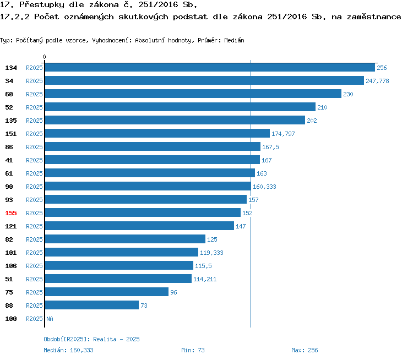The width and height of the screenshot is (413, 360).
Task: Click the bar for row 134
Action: pos(210,68)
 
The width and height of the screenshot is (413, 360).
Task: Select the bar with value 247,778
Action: pos(204,81)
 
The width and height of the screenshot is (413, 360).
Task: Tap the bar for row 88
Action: pos(91,306)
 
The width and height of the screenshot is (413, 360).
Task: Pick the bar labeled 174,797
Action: pos(157,134)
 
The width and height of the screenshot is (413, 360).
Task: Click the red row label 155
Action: pos(11,213)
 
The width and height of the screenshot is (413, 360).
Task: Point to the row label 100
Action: pos(11,319)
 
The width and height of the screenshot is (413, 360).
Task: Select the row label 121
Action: pos(11,226)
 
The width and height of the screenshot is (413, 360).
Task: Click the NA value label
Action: pos(50,319)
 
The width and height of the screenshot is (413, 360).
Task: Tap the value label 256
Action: pos(382,68)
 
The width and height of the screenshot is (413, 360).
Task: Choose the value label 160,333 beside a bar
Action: pos(264,187)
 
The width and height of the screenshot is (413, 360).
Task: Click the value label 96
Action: pos(173,292)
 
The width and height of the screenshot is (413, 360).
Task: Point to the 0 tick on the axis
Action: pos(45,57)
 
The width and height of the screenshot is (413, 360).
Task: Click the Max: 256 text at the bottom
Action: pos(305,350)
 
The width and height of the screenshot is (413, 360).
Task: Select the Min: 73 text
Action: pos(193,350)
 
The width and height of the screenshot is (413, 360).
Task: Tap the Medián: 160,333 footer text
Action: pos(68,350)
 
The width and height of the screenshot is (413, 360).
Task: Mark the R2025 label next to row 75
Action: pos(34,292)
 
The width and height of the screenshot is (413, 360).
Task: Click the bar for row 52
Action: pos(180,107)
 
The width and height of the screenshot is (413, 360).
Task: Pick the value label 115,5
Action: pos(204,266)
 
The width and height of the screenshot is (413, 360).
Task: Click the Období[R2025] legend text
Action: pos(67,339)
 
